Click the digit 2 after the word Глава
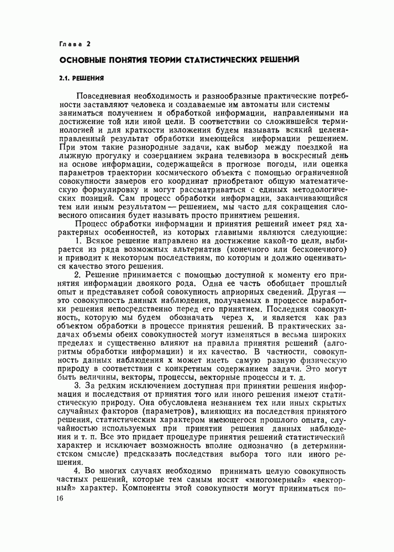(x=88, y=43)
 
